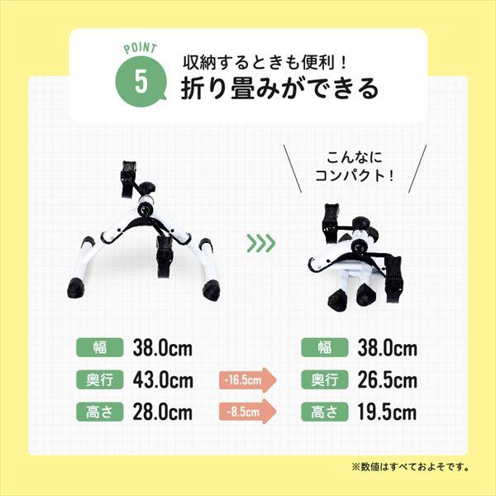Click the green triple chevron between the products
tap(260, 244)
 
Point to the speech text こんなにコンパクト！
tap(355, 165)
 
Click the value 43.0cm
tap(163, 380)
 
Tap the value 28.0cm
tap(163, 412)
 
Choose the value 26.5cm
tap(387, 380)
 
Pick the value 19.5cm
tap(387, 412)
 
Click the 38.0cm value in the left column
tap(163, 348)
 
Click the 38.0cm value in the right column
tap(387, 348)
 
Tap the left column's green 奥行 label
tap(100, 380)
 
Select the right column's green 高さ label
tap(324, 412)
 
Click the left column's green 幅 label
tap(100, 348)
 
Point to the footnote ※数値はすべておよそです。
tap(410, 467)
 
